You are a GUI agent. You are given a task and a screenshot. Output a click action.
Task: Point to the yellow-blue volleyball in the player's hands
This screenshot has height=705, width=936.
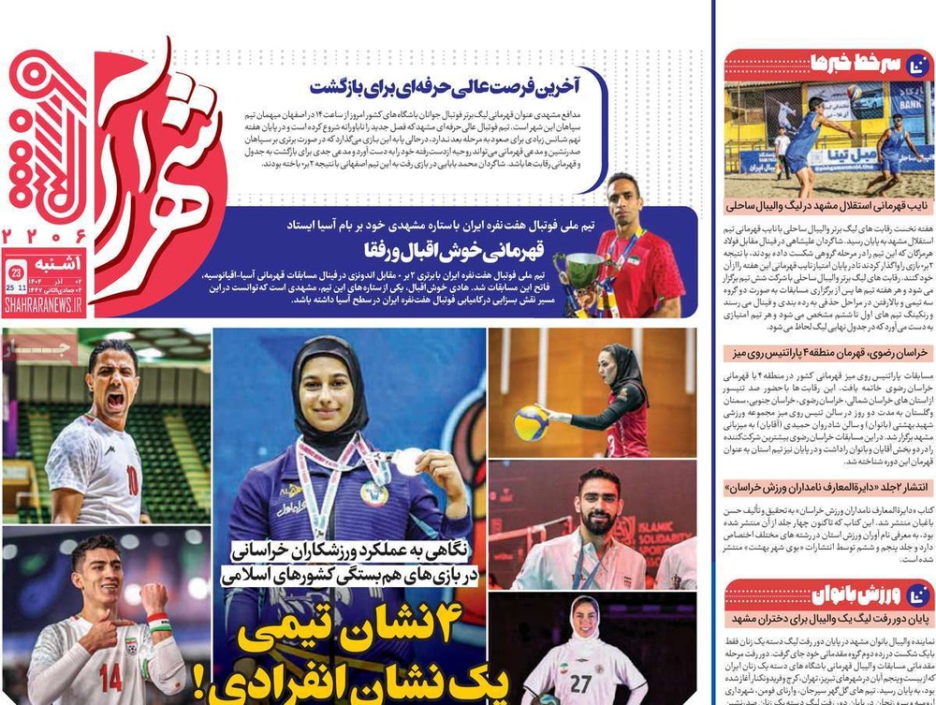pyautogui.click(x=531, y=422)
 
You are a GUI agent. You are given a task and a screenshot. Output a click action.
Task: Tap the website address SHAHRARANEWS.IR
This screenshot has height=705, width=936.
pyautogui.click(x=45, y=305)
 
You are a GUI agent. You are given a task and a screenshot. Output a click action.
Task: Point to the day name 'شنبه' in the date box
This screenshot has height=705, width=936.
pyautogui.click(x=65, y=265)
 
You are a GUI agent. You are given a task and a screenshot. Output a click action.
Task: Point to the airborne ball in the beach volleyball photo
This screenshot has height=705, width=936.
pyautogui.click(x=854, y=92)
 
